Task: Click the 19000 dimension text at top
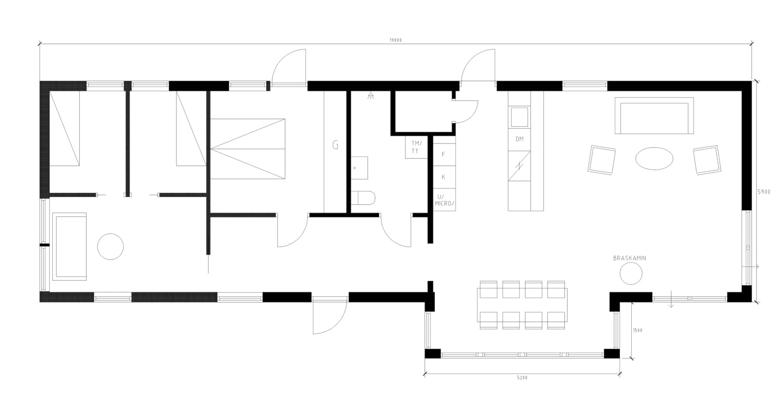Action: point(395,40)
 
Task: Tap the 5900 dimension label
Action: point(764,192)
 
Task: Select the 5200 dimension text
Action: point(522,378)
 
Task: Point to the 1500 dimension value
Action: point(637,330)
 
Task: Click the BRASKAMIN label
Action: point(629,258)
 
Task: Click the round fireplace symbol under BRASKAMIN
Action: point(631,273)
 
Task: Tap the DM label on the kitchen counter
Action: point(519,139)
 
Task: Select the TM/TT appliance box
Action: point(416,147)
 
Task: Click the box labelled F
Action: point(444,155)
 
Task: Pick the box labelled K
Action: point(444,177)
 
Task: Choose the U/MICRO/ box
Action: point(444,200)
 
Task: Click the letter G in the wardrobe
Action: point(335,145)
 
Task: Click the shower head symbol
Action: point(370,96)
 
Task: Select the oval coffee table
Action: point(654,158)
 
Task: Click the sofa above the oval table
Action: point(654,115)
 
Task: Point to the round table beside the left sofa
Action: point(110,246)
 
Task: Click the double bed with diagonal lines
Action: point(247,149)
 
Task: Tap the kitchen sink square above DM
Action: point(519,117)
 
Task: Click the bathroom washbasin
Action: point(359,168)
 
